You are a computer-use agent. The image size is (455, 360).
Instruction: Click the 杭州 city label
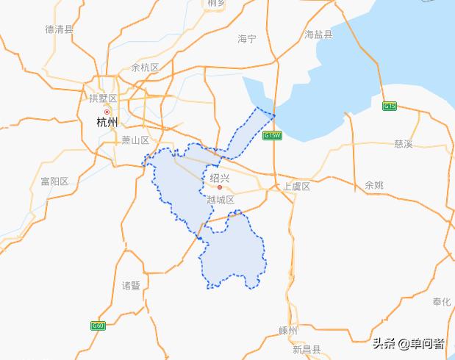point(107,123)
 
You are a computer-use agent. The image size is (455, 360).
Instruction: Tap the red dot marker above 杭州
point(107,112)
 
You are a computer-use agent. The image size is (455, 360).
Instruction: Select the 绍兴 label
point(220,178)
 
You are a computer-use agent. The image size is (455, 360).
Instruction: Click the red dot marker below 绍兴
point(219,187)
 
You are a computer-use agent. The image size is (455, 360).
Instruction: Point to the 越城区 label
point(220,200)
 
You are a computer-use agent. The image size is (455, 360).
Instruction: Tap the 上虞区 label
point(297,187)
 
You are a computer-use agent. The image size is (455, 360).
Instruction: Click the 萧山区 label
point(135,140)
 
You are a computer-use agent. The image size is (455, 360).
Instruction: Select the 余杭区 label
point(145,68)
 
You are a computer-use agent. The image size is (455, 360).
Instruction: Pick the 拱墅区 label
point(103,98)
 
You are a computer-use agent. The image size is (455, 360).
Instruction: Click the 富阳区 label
point(54,181)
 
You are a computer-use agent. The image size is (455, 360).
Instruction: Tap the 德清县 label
point(60,29)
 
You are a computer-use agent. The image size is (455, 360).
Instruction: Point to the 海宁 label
point(247,38)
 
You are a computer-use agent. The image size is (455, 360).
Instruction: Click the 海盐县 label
point(319,35)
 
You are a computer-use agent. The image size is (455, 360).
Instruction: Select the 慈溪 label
point(404,143)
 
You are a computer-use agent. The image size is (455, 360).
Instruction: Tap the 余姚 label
point(374,185)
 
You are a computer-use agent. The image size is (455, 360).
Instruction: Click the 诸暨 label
point(131,285)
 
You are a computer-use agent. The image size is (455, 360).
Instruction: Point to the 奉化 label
point(442,302)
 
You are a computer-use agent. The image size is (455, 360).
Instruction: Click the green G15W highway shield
point(272,136)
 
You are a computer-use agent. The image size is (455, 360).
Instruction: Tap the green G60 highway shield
point(98,325)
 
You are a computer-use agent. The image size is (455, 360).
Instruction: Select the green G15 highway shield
point(390,107)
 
